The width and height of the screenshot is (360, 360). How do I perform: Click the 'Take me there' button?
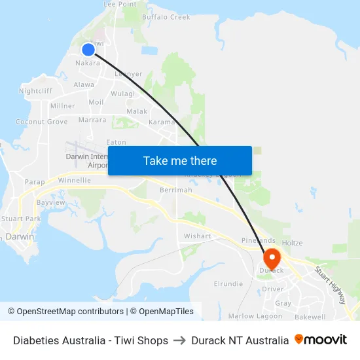[180, 160]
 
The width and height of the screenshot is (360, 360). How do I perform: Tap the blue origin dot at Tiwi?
[88, 49]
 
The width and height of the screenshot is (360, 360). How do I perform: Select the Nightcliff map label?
[35, 91]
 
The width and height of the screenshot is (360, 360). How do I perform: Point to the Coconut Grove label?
[42, 122]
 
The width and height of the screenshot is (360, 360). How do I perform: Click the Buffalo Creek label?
[166, 17]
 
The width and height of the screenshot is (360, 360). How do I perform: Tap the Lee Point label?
[120, 4]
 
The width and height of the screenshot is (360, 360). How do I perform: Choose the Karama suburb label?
[162, 122]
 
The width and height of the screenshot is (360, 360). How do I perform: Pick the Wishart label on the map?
[197, 236]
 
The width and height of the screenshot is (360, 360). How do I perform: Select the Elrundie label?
[228, 284]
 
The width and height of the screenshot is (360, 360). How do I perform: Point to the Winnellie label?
[75, 180]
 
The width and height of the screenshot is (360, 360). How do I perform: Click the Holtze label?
[292, 243]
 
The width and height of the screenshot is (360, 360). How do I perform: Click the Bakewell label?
[310, 317]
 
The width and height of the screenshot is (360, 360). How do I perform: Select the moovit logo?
[321, 340]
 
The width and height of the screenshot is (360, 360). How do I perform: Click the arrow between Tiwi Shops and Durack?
[179, 340]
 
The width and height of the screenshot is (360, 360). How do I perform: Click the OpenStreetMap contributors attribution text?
[70, 312]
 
